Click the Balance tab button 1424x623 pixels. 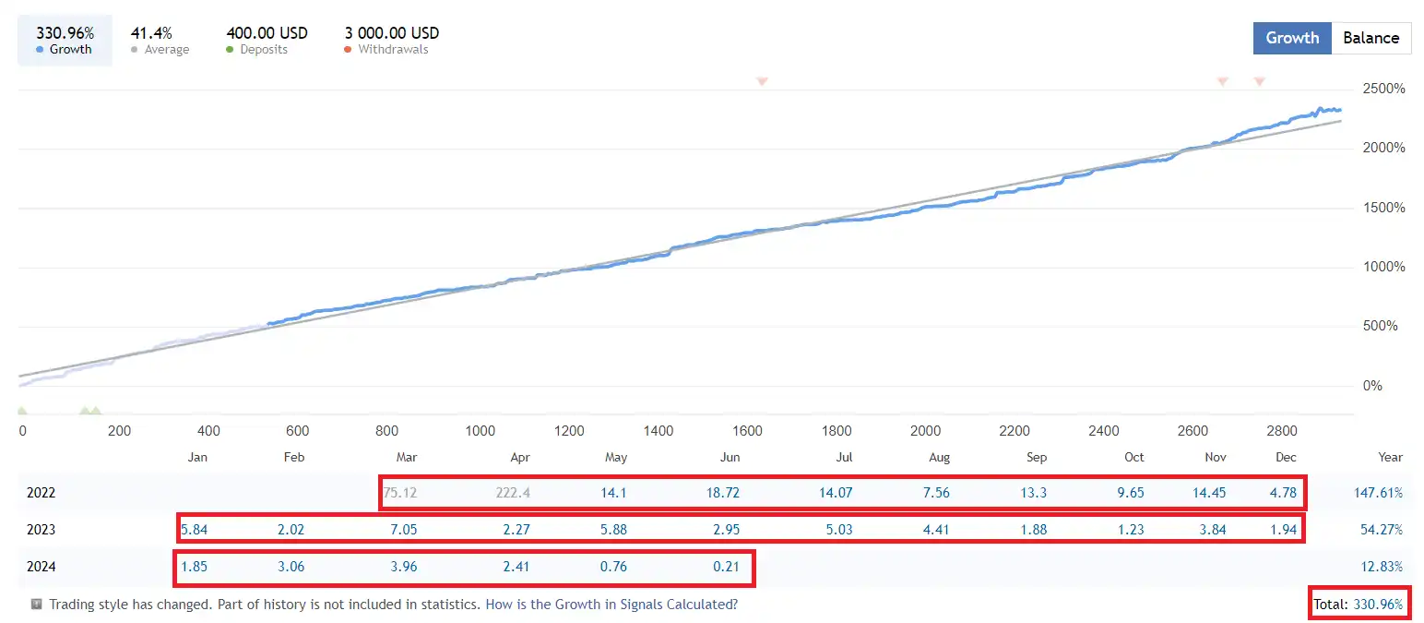[1371, 38]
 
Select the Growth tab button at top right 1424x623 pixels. [1292, 38]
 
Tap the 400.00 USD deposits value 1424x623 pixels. [267, 33]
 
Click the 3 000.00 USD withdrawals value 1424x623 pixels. [392, 33]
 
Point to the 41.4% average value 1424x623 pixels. [151, 33]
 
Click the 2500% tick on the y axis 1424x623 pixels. [1383, 90]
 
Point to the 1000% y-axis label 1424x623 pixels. [1383, 268]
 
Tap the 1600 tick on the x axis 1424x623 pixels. [747, 431]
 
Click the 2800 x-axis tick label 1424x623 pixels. [1282, 431]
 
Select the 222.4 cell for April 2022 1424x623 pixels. [513, 493]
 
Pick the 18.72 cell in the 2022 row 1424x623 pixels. [722, 493]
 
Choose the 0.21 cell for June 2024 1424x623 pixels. [726, 567]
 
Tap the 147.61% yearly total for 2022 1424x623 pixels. [1378, 493]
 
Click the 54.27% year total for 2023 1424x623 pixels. [1382, 530]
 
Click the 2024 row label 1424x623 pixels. [42, 567]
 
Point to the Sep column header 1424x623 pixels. [1036, 457]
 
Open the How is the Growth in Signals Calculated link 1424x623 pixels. [611, 605]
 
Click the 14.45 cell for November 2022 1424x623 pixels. [1209, 493]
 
